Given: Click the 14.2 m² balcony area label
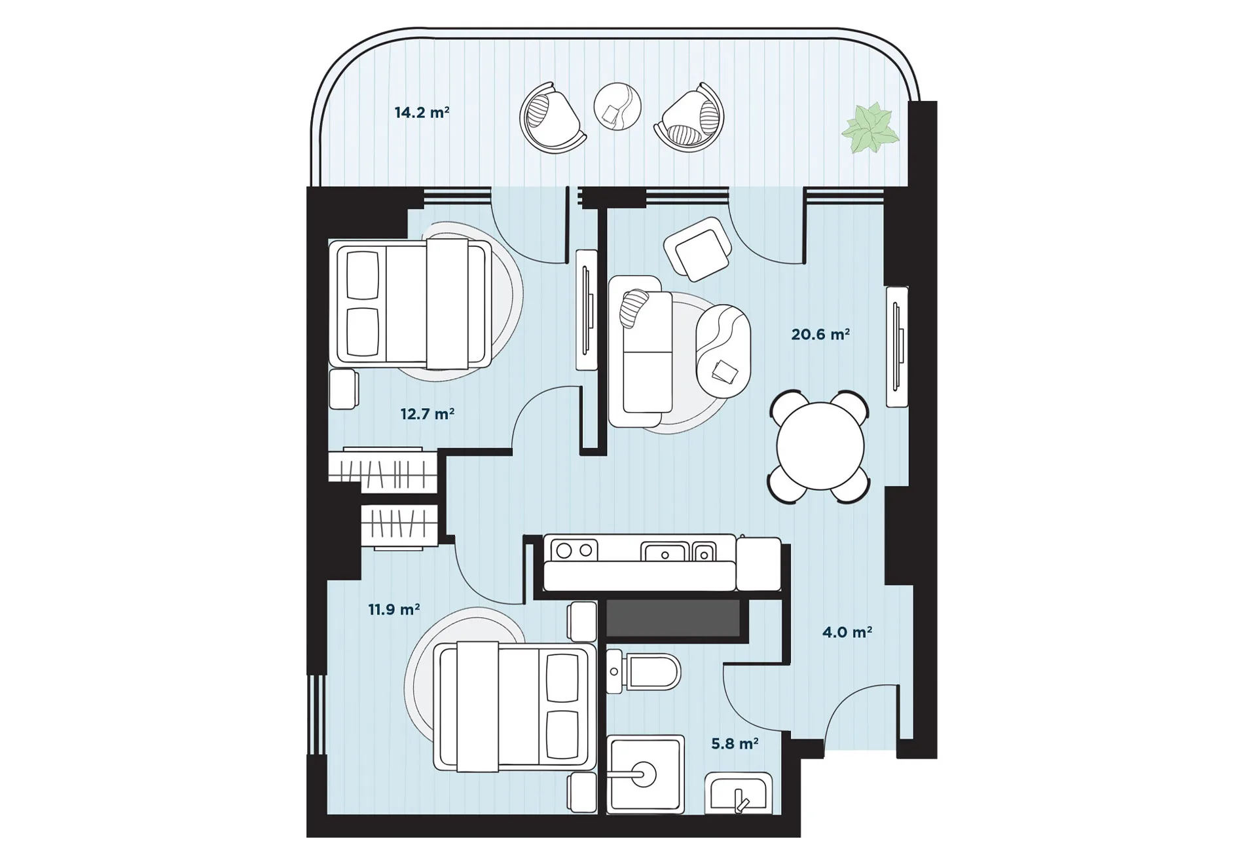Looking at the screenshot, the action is click(422, 113).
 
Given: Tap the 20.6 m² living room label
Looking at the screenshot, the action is click(820, 335).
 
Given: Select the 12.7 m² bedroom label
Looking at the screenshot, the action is click(428, 414).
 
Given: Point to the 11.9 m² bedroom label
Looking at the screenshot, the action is click(394, 610).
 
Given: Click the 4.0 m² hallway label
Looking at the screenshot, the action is click(847, 633).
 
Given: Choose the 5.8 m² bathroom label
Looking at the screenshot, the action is click(735, 744).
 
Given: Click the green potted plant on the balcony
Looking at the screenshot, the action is click(869, 128).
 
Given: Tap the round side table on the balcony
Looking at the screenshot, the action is click(617, 106).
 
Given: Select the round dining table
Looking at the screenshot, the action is click(820, 445).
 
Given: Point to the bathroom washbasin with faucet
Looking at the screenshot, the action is click(739, 793).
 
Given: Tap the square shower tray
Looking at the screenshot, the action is click(646, 774).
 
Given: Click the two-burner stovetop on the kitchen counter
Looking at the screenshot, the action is click(574, 550).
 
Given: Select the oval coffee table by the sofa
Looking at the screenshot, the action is click(723, 351).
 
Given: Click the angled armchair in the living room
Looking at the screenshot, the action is click(697, 249).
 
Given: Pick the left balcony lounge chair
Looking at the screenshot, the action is click(553, 118).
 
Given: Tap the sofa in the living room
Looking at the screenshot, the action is click(640, 352).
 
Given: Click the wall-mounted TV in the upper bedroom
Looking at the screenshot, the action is click(587, 310).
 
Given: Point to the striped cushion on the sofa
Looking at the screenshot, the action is click(633, 309).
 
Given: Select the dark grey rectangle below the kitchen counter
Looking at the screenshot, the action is click(673, 618).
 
